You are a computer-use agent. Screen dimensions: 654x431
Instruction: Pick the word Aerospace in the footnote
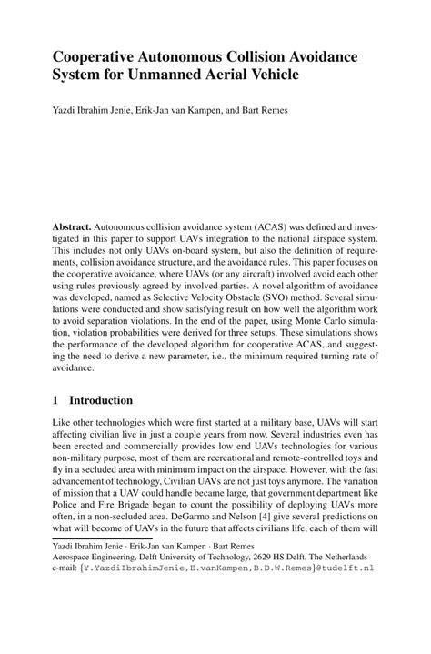[x=75, y=557]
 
